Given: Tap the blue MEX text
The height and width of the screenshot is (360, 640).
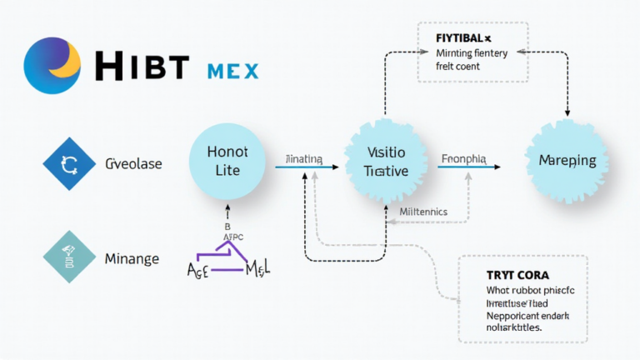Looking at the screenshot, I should pos(231,69).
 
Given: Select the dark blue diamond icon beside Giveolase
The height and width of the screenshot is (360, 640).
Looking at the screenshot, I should pos(69,164).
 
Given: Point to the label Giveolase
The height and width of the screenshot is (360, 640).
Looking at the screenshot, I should pos(133,164).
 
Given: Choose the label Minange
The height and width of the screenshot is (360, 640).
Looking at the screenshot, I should pos(132,259).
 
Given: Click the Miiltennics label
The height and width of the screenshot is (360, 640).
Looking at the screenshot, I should pos(423,212).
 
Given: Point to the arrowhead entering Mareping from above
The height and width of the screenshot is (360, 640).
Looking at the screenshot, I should pos(567,112).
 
